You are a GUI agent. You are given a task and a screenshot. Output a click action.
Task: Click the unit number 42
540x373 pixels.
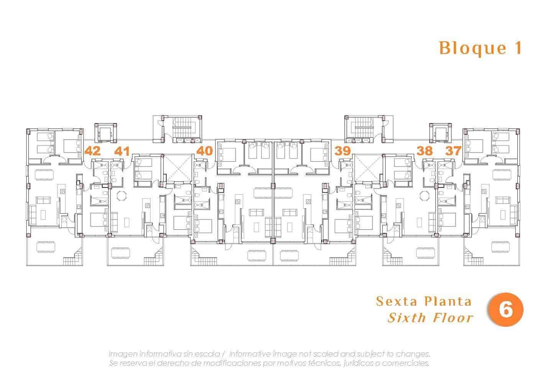pos(92,151)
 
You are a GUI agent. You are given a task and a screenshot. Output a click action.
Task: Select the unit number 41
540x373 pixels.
pos(121,151)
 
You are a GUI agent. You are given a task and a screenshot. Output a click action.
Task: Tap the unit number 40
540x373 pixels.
pos(204,151)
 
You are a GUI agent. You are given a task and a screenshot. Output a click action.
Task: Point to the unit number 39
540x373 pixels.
pos(342,151)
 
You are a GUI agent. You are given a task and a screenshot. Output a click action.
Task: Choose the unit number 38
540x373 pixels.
pos(425,151)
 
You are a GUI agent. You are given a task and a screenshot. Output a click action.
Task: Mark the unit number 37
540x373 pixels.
pos(453,151)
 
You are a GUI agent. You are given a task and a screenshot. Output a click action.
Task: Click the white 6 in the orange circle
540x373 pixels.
pos(506,310)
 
